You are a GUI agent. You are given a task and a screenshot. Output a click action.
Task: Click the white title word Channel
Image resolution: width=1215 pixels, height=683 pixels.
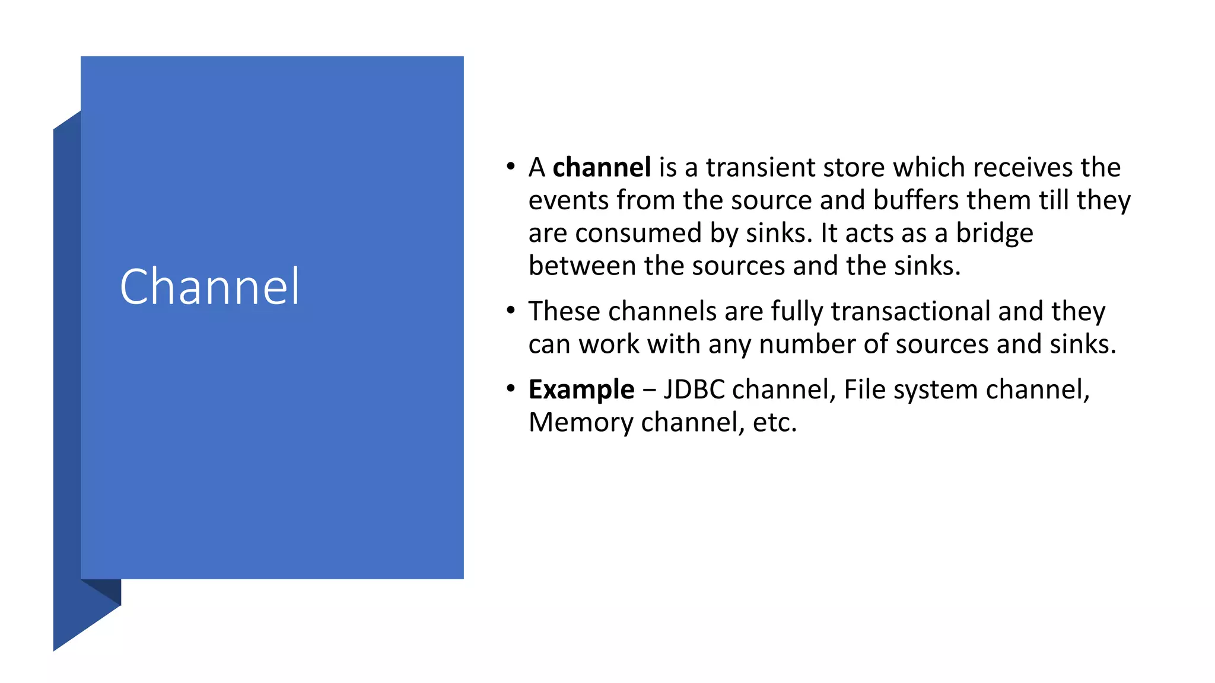[209, 287]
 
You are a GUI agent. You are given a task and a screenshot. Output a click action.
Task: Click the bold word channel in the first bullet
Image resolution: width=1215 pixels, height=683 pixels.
[602, 168]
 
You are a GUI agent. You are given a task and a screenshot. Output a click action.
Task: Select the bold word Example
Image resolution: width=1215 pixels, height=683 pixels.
[581, 390]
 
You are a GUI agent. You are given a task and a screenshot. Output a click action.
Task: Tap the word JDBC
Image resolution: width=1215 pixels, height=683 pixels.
[694, 390]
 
